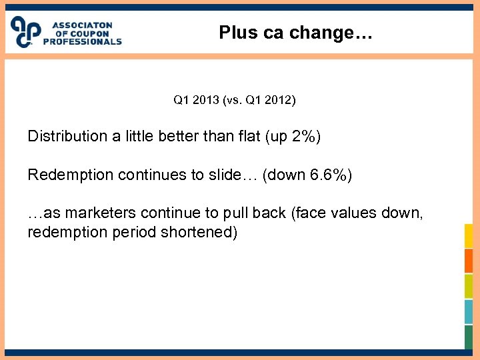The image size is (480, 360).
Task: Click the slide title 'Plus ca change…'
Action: point(296,33)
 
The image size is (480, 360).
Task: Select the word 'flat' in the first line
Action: point(248,137)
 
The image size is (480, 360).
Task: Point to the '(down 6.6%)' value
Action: point(307,175)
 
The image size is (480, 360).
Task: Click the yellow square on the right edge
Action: point(469,235)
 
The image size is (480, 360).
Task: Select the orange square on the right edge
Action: point(469,261)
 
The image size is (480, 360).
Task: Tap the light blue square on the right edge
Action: point(469,311)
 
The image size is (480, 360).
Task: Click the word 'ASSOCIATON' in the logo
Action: point(83,25)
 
